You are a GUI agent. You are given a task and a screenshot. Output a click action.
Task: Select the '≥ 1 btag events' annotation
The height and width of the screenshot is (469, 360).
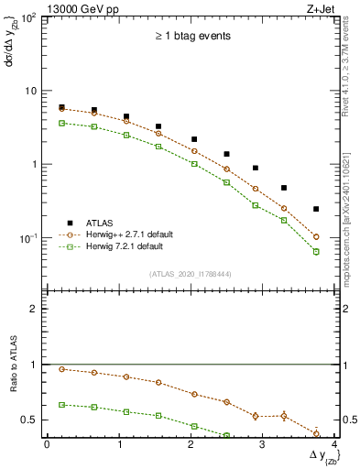point(191,37)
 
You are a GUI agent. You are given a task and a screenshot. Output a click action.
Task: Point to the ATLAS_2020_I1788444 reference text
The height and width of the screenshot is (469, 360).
point(191,273)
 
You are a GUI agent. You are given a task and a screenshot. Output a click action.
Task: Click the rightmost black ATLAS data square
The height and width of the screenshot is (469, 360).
point(316,209)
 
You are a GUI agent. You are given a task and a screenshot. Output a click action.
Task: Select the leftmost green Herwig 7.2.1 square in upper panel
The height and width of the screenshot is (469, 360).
point(61,123)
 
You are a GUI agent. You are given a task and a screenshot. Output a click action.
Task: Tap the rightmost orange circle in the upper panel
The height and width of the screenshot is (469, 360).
point(316,236)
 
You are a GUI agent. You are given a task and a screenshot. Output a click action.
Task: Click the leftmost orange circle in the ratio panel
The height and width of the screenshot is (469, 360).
point(61,369)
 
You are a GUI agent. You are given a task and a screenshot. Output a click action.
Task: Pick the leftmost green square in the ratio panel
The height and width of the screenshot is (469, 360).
point(61,404)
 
